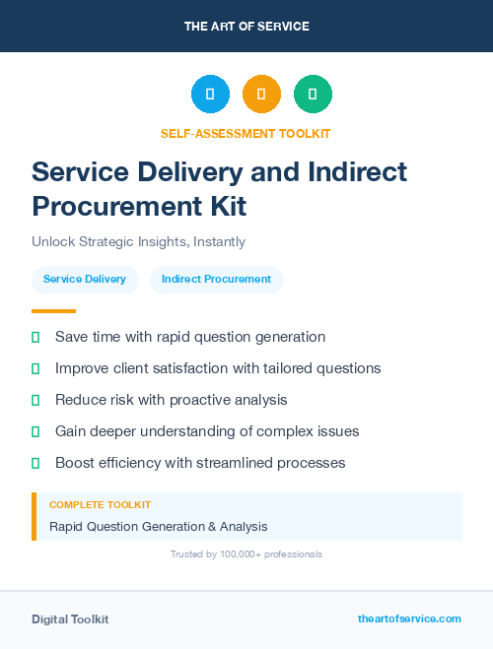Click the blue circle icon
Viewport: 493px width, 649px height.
(210, 95)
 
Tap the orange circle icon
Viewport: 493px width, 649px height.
(261, 95)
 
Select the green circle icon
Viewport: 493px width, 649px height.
(313, 95)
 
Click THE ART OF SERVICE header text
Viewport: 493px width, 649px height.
(246, 26)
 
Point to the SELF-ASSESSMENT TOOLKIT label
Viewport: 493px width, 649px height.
(246, 133)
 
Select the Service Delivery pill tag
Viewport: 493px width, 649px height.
(85, 280)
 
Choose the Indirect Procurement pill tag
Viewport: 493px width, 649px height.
(216, 280)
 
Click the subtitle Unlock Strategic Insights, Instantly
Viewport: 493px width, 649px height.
(138, 241)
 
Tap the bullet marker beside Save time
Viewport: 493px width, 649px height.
(35, 337)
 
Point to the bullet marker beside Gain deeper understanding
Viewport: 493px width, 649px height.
(35, 431)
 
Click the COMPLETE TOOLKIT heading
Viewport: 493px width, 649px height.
(100, 504)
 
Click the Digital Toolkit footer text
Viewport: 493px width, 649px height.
(70, 618)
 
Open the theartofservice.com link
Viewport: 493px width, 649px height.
(409, 618)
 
